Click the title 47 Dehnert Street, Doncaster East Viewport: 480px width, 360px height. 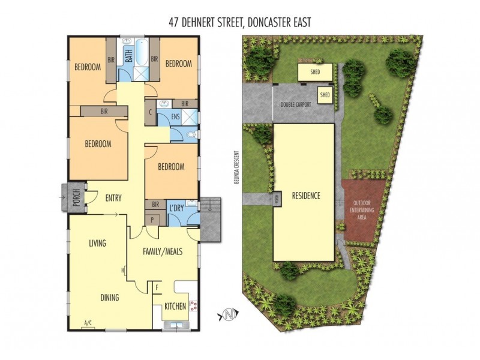click(x=240, y=22)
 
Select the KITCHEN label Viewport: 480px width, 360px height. click(x=175, y=307)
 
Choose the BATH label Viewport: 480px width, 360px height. click(x=128, y=56)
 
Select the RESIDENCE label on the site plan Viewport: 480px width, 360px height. click(x=306, y=196)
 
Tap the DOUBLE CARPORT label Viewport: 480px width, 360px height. click(x=296, y=105)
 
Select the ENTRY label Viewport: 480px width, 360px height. click(x=113, y=198)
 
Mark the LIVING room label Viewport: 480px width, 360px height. click(x=97, y=243)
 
